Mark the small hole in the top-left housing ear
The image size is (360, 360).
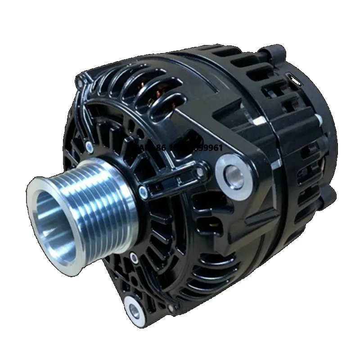point(81,81)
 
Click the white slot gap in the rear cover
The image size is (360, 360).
point(296,81)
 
